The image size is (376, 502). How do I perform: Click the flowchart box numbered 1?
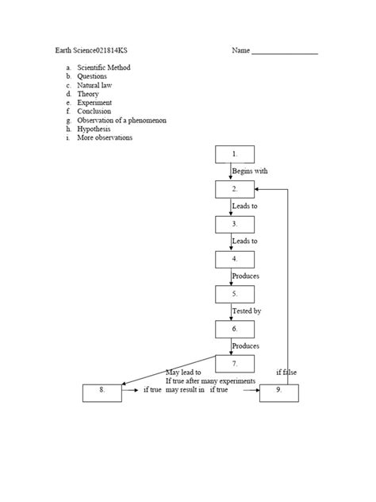point(234,154)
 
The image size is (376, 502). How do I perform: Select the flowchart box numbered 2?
point(234,189)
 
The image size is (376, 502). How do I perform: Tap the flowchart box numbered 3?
point(234,224)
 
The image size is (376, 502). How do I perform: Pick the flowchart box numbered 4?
point(234,259)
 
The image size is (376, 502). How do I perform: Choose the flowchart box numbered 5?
point(234,294)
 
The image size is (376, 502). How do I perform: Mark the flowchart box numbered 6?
point(234,329)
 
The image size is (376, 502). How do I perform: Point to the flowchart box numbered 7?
point(234,364)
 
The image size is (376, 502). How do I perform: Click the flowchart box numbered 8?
point(102,392)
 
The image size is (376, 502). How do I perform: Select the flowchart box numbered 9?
point(280,392)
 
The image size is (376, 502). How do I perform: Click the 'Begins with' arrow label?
point(250,171)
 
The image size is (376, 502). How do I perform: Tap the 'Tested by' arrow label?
point(247,311)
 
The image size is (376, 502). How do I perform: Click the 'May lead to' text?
point(183,372)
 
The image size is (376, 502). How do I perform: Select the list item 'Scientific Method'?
point(104,68)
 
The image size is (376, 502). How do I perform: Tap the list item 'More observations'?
point(105,137)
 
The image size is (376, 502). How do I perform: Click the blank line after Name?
point(285,52)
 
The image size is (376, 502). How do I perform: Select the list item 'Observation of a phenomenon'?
point(121,120)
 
